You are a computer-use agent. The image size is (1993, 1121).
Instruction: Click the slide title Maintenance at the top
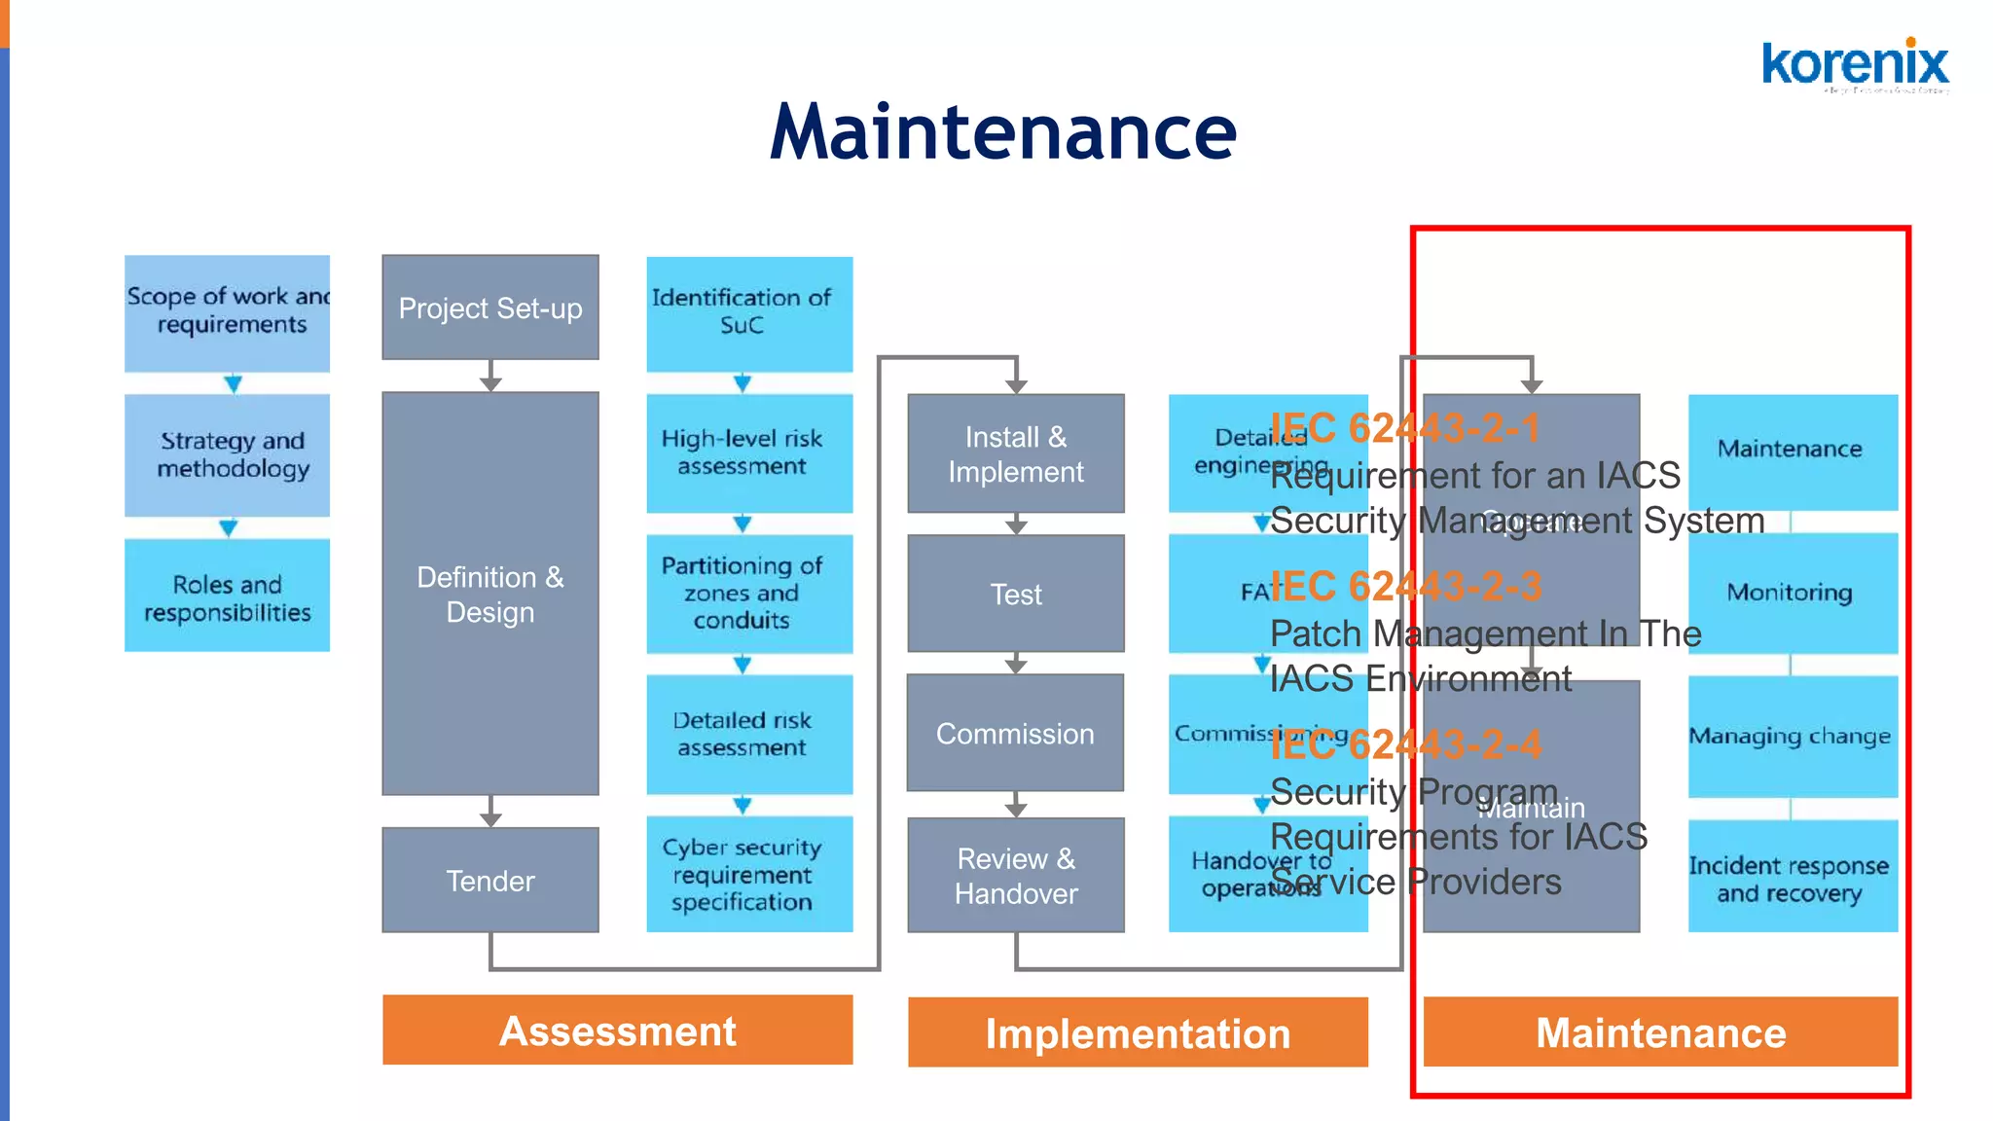coord(1002,132)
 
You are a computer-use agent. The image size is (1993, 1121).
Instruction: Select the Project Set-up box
coord(490,307)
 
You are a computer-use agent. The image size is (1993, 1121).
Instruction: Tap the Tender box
coord(490,881)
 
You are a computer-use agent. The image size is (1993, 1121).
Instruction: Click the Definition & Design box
coord(490,594)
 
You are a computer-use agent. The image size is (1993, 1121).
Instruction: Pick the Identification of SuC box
coord(749,312)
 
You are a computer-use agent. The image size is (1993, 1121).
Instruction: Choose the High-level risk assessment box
coord(749,452)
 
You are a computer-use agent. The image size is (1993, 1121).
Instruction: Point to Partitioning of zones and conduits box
coord(749,593)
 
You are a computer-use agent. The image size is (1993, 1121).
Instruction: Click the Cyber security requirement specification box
coord(749,874)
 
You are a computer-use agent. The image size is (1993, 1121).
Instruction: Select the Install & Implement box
coord(1016,453)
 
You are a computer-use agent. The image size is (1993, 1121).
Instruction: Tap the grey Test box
coord(1016,594)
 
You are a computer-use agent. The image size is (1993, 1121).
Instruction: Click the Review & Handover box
coord(1016,876)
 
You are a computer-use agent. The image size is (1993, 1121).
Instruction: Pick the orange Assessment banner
coord(618,1031)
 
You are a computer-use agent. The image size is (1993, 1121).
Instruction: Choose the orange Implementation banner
coord(1138,1032)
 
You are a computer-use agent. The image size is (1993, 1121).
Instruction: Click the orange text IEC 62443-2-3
coord(1405,587)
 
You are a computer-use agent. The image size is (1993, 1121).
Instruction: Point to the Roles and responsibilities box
coord(227,597)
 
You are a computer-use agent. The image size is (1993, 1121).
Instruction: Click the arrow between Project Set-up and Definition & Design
coord(490,377)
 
